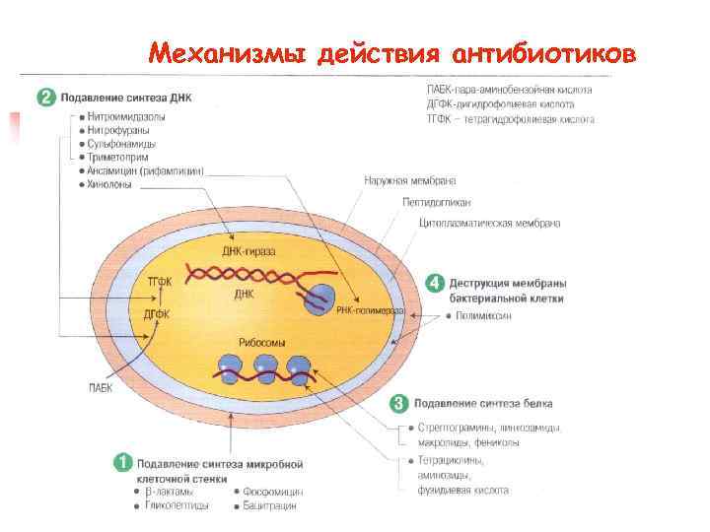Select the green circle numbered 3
point(398,403)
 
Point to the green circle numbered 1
point(122,461)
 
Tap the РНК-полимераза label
point(370,310)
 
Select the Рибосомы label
point(262,342)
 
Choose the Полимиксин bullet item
point(483,316)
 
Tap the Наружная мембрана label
point(409,181)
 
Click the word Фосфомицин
point(272,491)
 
